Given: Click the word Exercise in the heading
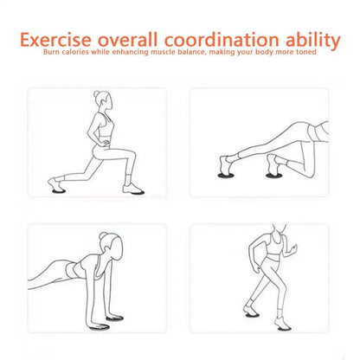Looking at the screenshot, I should (x=59, y=39).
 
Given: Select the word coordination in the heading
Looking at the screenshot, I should (x=219, y=39).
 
